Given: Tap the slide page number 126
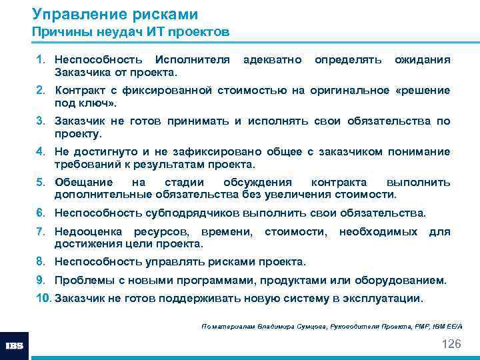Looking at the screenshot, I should pyautogui.click(x=451, y=343).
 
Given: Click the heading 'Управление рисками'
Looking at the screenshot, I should pyautogui.click(x=115, y=14).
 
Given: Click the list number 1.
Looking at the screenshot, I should pyautogui.click(x=40, y=60).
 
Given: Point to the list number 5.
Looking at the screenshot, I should pyautogui.click(x=40, y=182).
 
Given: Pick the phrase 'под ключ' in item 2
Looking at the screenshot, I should pyautogui.click(x=83, y=103).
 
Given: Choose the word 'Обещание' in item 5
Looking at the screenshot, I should pyautogui.click(x=83, y=182).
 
